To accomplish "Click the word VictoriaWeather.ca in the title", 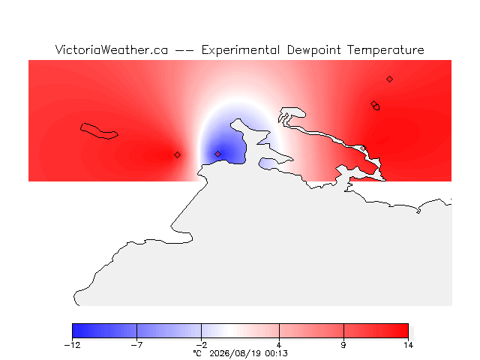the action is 112,50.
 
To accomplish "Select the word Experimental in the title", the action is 241,50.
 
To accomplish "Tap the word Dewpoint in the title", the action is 313,50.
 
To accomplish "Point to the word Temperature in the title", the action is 385,50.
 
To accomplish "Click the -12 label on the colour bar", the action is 73,345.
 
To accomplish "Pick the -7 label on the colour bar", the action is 136,345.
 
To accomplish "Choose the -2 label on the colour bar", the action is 202,345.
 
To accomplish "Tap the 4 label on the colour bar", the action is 279,345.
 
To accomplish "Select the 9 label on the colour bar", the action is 343,345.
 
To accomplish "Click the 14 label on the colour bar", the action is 408,345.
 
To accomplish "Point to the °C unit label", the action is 197,353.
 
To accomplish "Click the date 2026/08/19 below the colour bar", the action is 235,353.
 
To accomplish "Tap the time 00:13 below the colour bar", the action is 277,353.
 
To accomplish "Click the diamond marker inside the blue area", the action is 217,154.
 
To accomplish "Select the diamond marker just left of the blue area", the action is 177,155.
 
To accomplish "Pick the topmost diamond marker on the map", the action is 389,79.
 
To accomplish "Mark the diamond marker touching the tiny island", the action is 373,103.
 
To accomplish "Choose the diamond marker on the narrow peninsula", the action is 363,148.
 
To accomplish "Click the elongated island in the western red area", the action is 99,131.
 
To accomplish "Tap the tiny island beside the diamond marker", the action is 376,107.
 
